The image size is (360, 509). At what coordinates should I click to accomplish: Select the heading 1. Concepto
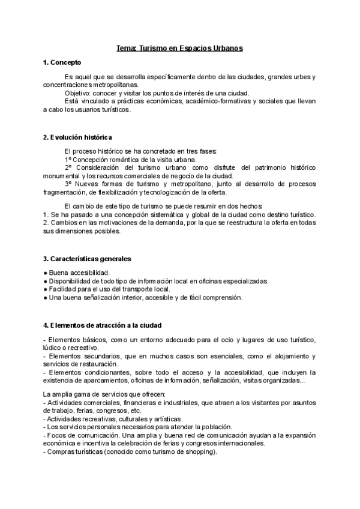[62, 62]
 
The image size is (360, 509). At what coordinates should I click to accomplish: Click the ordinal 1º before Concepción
[68, 160]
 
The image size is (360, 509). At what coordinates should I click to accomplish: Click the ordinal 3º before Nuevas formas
[68, 184]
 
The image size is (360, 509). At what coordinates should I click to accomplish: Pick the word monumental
[62, 176]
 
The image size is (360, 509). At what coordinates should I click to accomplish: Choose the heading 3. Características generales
[87, 259]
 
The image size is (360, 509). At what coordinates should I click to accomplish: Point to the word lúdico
[53, 348]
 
